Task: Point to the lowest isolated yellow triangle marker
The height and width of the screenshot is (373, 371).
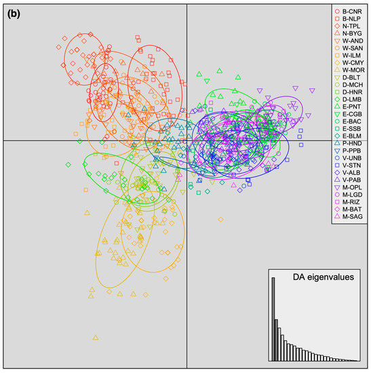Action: tap(96, 336)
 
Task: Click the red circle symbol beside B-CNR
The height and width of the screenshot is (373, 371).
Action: tap(337, 12)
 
